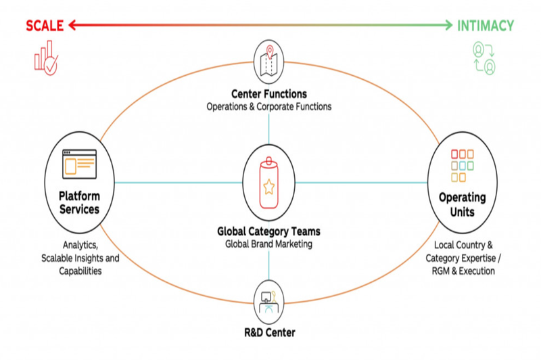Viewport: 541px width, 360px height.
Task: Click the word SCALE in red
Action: pos(44,26)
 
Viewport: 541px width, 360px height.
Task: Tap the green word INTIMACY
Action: pos(485,26)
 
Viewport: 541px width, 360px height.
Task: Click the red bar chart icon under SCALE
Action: pos(45,57)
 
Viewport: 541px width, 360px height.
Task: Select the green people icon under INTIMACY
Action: pos(484,58)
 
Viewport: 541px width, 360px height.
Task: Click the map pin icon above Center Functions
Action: pos(269,57)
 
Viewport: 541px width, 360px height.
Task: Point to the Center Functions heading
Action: pos(269,94)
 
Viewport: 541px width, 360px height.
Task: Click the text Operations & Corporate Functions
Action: pos(269,107)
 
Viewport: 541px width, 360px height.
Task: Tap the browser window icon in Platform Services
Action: pos(79,163)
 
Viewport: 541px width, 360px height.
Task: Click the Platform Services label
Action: pos(79,202)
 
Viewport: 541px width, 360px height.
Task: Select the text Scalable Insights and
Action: pos(79,258)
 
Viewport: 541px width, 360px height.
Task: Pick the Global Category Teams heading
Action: pos(269,231)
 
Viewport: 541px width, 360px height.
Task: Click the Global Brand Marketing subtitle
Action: pos(269,244)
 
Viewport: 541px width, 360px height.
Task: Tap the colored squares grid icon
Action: pos(463,164)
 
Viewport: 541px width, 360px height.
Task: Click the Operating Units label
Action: pos(463,204)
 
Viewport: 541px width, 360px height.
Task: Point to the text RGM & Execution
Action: pos(463,271)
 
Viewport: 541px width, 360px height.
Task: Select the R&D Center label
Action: pos(269,332)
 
